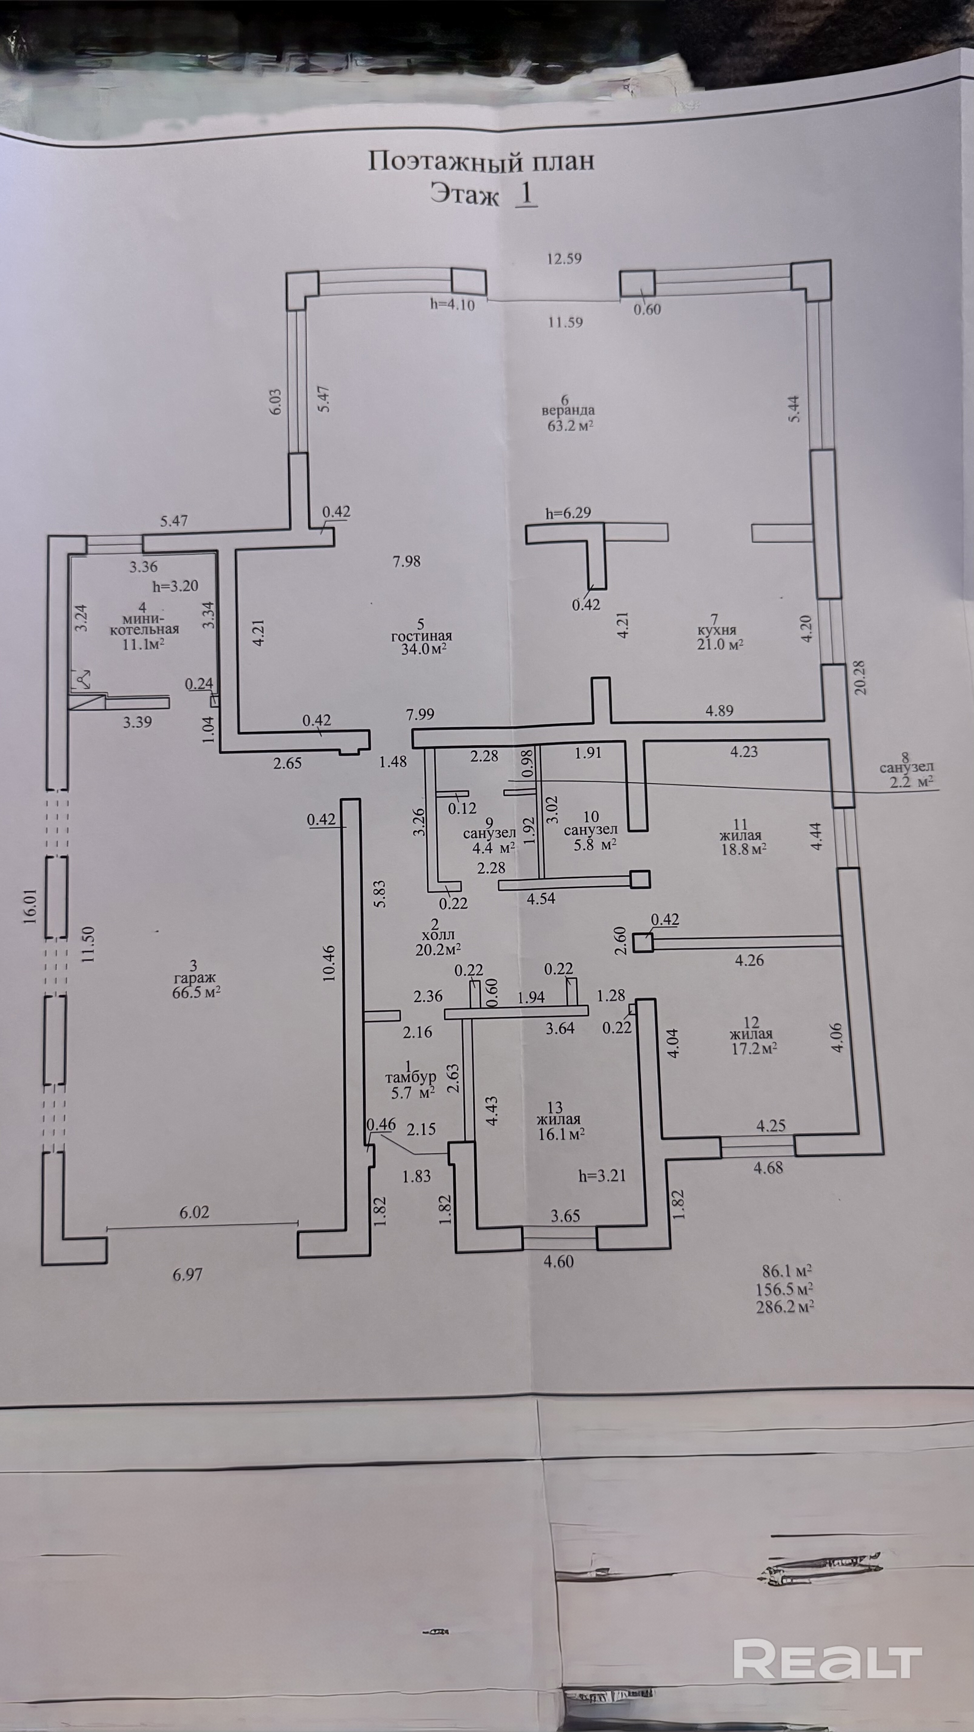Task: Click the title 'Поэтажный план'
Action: [480, 161]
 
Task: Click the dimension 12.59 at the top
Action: [563, 258]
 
